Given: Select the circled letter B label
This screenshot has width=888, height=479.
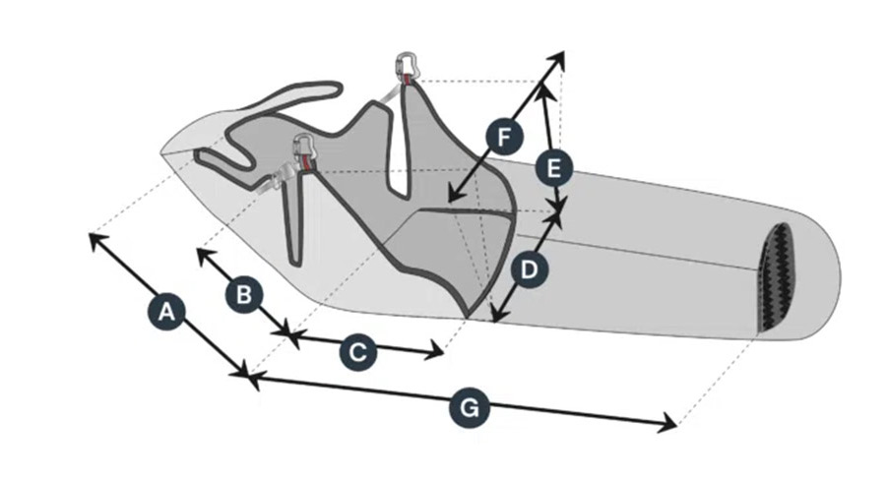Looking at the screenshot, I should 244,294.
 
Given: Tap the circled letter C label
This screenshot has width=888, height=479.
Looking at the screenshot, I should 358,351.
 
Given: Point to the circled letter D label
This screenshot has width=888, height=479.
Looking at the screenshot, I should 529,270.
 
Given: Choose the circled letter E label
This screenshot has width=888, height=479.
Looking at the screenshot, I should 554,168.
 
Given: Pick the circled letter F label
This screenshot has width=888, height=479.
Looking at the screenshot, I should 504,137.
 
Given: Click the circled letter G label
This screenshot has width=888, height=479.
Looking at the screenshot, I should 470,408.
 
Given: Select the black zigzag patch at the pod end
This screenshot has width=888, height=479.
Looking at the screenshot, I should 777,276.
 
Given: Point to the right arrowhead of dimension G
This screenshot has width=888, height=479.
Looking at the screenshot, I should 672,425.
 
